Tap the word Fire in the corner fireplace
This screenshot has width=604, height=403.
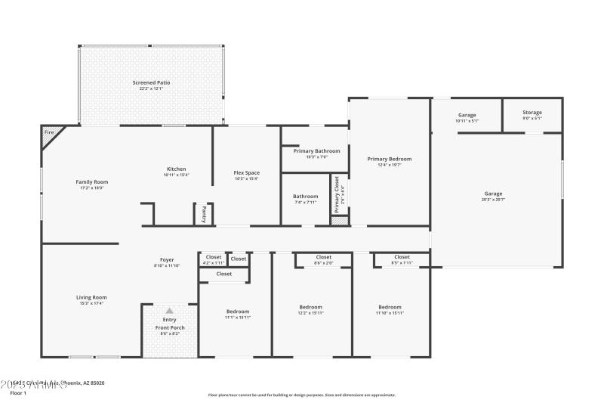(49, 133)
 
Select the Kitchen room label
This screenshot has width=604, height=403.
(176, 169)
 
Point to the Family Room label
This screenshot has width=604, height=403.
(91, 181)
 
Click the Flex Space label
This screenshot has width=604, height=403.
(246, 172)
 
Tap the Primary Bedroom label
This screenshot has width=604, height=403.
(389, 159)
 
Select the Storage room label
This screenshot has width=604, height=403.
(532, 113)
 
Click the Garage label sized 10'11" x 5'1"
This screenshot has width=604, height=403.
(467, 115)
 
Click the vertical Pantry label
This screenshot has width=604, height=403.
(203, 214)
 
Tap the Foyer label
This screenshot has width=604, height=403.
(167, 260)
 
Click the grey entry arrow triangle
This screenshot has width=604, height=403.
(169, 310)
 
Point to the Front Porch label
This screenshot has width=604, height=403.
(170, 327)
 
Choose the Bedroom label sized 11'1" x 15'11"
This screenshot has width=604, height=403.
(237, 312)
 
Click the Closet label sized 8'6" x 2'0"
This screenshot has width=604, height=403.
(323, 257)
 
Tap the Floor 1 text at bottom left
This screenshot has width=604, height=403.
(18, 393)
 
